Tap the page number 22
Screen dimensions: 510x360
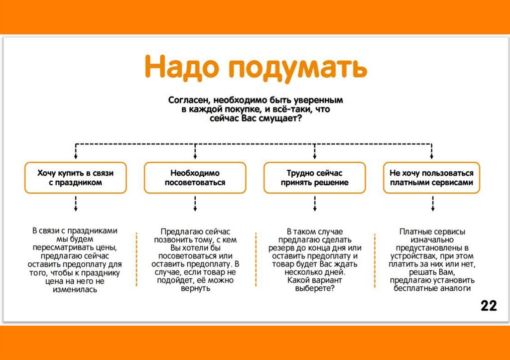(489, 305)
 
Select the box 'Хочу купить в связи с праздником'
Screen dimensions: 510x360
(76, 178)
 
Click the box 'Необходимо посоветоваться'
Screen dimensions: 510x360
(195, 178)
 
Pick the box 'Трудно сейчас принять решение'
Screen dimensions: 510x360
(314, 178)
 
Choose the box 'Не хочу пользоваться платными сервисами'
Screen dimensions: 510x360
(432, 178)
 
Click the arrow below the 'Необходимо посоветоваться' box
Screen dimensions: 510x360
(195, 203)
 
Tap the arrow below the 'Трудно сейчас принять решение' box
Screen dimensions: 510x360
(314, 203)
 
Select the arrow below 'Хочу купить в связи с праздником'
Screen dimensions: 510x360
(76, 203)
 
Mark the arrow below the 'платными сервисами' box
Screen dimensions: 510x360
(432, 203)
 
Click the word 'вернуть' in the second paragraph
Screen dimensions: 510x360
(197, 289)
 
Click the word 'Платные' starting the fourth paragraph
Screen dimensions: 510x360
(414, 231)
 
